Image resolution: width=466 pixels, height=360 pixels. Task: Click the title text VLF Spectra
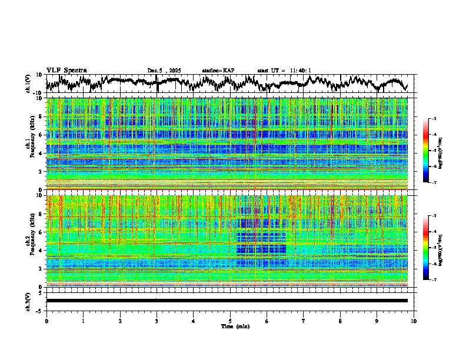(66, 70)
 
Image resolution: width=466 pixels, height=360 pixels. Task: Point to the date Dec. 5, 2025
(164, 71)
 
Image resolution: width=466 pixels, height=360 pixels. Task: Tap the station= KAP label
(218, 71)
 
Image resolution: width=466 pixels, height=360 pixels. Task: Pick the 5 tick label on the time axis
(230, 321)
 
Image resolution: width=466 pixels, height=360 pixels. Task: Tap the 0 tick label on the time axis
(46, 321)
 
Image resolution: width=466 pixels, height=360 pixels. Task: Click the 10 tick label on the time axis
(414, 321)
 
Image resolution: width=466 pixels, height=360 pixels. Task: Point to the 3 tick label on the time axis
(157, 321)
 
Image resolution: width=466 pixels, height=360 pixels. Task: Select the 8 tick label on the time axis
(340, 321)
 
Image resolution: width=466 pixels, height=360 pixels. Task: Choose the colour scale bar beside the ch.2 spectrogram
(426, 248)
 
